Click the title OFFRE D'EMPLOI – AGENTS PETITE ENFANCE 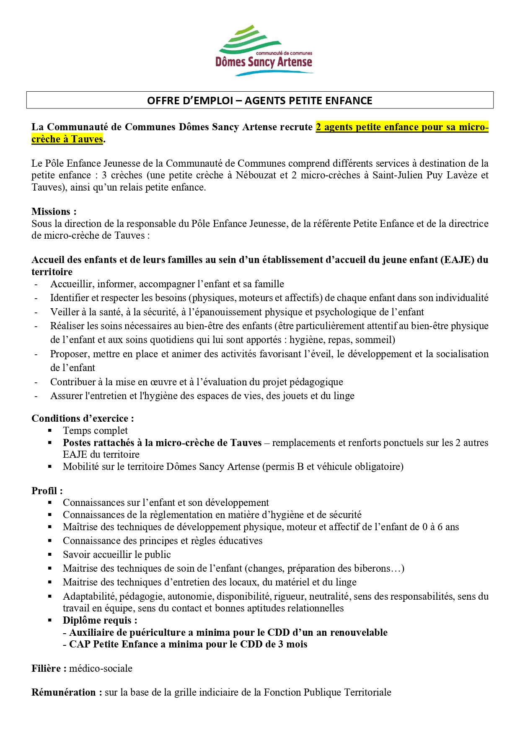(260, 101)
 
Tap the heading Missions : (54, 211)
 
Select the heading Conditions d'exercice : (83, 418)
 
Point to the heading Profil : (47, 491)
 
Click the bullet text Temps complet (95, 431)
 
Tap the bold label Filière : (49, 668)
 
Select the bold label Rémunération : (67, 692)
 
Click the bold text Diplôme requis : (100, 620)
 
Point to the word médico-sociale (101, 668)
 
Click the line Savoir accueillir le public (117, 554)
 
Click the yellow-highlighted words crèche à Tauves (67, 139)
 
